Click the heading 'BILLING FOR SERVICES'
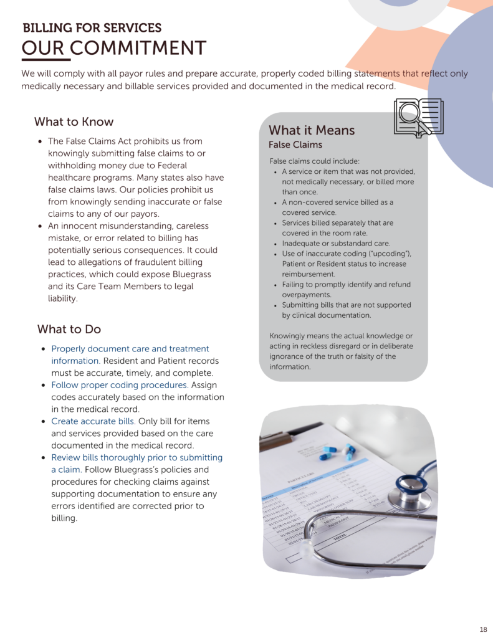click(x=92, y=28)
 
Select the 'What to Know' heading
click(x=74, y=121)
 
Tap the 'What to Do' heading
click(x=69, y=329)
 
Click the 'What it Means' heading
click(x=312, y=130)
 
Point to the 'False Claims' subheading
click(x=295, y=145)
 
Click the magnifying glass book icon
click(x=418, y=117)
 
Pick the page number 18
click(x=484, y=628)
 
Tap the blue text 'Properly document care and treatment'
click(x=130, y=349)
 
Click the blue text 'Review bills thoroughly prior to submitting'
click(x=136, y=457)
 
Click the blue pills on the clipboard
click(x=337, y=453)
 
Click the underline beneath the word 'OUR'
click(x=45, y=60)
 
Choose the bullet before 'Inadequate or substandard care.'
click(x=275, y=244)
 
